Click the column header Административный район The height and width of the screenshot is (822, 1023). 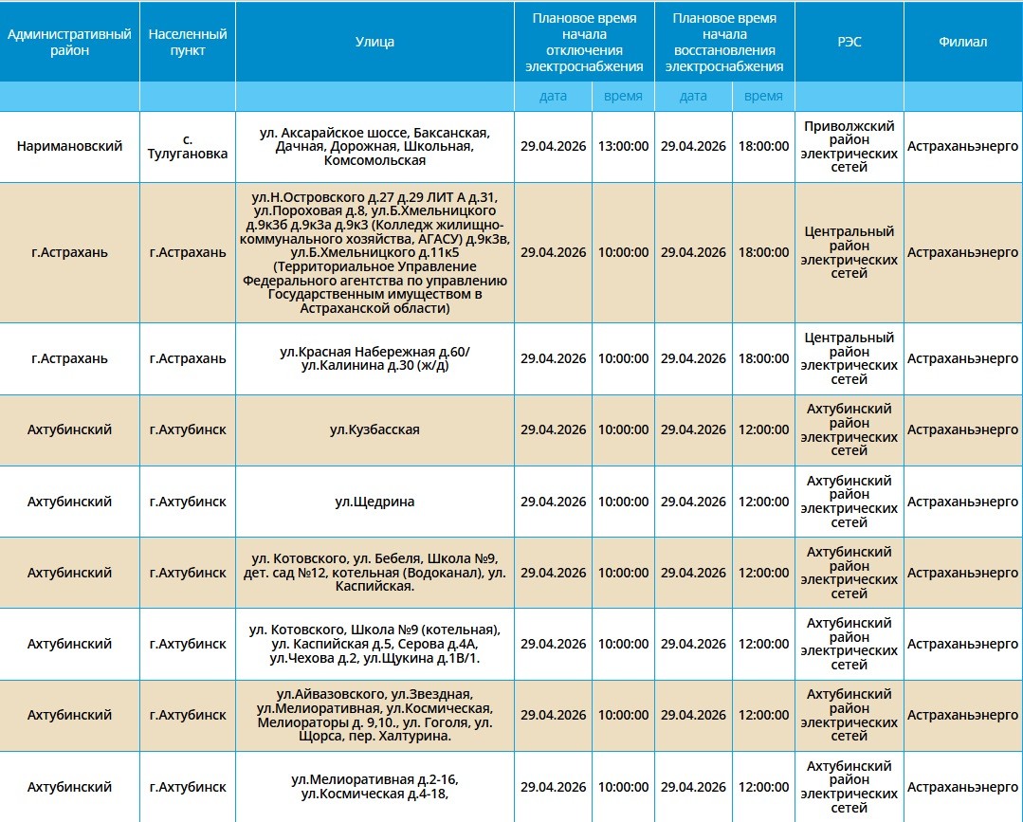[x=69, y=42]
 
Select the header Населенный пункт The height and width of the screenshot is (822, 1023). [x=188, y=42]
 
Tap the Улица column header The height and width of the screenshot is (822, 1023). [x=374, y=42]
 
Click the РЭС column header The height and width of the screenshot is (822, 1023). [x=849, y=42]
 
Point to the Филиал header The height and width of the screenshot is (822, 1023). [x=962, y=42]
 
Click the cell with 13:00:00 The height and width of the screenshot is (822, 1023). [x=623, y=147]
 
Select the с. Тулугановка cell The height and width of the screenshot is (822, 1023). [x=188, y=147]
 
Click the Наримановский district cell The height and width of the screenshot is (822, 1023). [x=69, y=147]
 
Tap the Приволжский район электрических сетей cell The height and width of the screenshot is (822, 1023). [x=849, y=147]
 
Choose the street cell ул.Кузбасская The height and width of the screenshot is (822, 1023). [x=374, y=429]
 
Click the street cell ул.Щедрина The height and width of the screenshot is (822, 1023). [x=374, y=502]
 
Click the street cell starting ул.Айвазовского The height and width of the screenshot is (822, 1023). [x=374, y=715]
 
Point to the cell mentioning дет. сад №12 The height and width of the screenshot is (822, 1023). [x=374, y=573]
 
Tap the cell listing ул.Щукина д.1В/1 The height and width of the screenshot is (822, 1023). [x=374, y=644]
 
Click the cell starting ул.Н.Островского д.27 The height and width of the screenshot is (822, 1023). [x=374, y=252]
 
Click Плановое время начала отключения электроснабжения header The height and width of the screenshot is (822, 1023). [x=584, y=42]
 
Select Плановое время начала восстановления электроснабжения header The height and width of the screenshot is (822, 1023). [x=724, y=42]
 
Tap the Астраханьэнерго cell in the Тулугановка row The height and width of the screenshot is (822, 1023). [x=962, y=147]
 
